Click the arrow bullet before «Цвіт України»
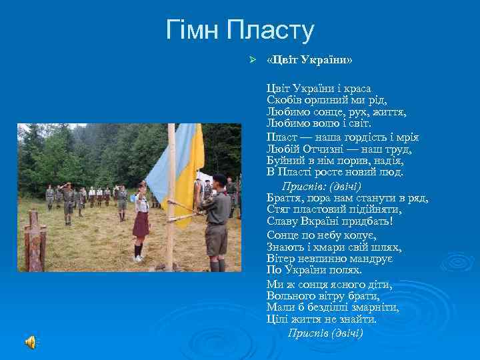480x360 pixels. pos(252,61)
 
